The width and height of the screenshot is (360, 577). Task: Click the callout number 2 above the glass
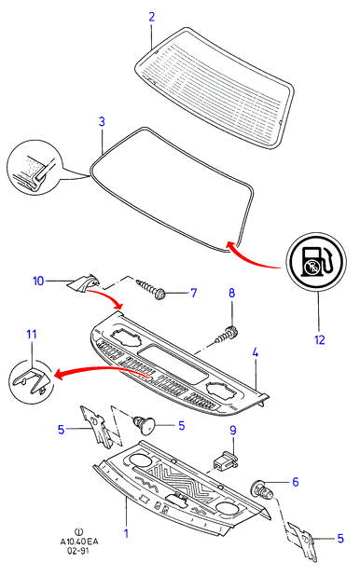[152, 17]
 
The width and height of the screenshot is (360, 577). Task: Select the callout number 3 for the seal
[102, 122]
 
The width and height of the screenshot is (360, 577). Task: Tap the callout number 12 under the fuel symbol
[320, 339]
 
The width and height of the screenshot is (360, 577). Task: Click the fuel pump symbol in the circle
[316, 262]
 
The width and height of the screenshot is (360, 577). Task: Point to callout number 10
[38, 282]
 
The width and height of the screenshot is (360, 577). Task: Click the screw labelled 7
[151, 289]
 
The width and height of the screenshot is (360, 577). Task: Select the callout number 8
[231, 293]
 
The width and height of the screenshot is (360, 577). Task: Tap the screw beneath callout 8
[227, 336]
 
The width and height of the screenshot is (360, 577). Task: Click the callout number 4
[256, 352]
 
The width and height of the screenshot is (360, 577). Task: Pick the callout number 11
[32, 334]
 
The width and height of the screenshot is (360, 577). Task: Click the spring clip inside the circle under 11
[31, 381]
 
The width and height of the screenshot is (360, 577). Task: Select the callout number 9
[232, 430]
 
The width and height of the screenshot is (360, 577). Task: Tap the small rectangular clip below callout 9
[226, 461]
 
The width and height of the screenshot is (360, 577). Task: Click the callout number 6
[296, 482]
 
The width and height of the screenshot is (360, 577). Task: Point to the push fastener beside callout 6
[262, 489]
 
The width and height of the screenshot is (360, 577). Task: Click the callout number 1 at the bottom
[126, 533]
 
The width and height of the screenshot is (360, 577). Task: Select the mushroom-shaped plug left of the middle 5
[145, 424]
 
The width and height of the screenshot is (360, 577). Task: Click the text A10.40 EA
[79, 542]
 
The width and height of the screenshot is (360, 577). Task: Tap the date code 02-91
[77, 551]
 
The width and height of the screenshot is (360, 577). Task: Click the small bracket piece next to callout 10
[84, 283]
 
